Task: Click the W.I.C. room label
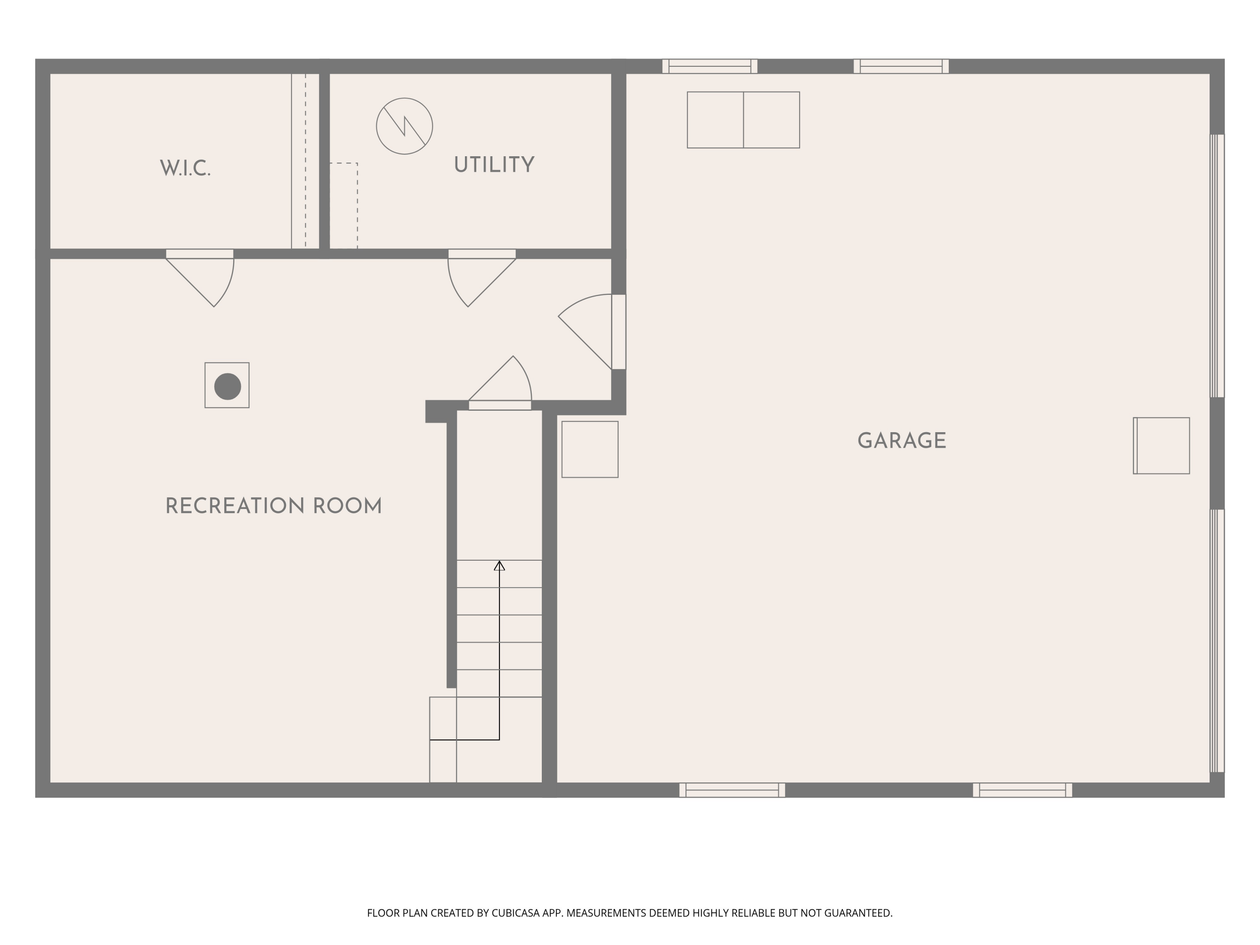[185, 168]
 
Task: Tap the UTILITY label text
[494, 165]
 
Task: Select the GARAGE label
[902, 441]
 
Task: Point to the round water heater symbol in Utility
[404, 126]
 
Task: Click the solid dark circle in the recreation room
[227, 386]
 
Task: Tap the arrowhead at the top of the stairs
[499, 566]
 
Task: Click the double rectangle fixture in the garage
[743, 120]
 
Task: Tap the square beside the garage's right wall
[1161, 446]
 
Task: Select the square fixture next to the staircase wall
[590, 449]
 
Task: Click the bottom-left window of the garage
[732, 790]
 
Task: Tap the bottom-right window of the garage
[1022, 790]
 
